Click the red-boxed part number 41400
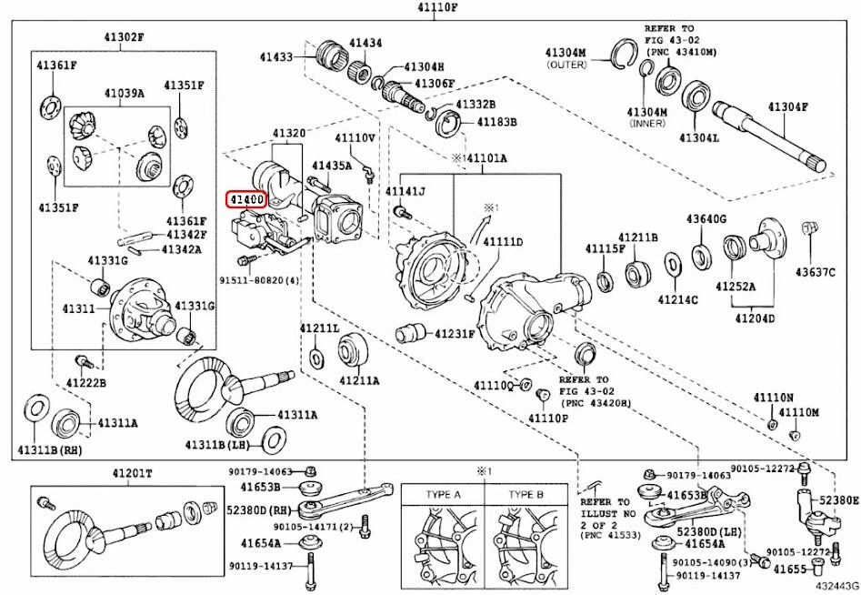246,198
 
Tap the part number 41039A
123,94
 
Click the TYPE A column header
443,494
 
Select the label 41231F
455,334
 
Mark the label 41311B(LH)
218,444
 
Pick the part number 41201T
134,474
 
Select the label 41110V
355,138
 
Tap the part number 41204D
756,318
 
